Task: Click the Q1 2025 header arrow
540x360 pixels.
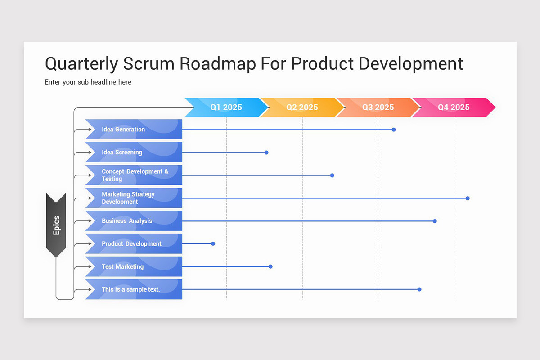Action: (226, 107)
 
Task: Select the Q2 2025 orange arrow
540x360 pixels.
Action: (302, 107)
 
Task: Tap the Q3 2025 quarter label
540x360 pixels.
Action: (378, 107)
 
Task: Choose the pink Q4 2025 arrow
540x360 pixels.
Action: (454, 107)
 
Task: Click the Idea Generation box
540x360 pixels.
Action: (134, 130)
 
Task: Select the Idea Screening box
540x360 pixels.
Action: (134, 152)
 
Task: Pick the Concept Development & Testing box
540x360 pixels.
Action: (134, 175)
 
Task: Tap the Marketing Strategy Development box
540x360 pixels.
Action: (134, 198)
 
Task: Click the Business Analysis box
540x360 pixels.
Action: (134, 221)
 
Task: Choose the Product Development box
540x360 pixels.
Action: (134, 243)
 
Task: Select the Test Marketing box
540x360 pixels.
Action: (134, 266)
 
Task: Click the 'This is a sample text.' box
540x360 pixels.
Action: (134, 289)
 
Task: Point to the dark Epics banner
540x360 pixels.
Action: (56, 225)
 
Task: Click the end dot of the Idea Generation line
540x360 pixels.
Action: (394, 130)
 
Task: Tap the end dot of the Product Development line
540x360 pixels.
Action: (213, 243)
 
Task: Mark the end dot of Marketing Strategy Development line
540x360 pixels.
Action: (468, 198)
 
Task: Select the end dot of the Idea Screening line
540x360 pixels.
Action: (266, 152)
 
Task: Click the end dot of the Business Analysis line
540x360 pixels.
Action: (435, 221)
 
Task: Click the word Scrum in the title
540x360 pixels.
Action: (148, 64)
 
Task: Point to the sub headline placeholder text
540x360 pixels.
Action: (88, 82)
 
